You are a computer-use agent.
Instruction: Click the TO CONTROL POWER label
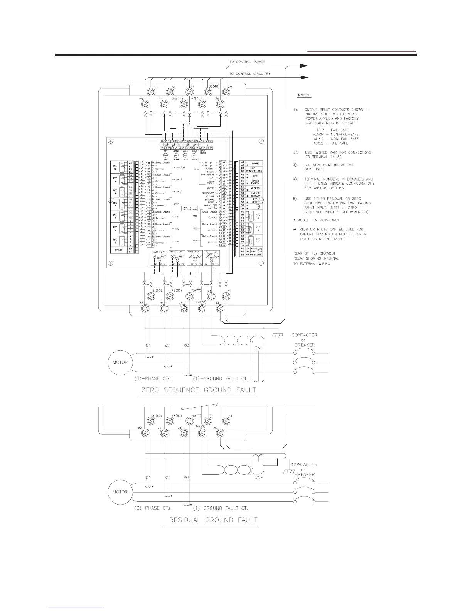[247, 62]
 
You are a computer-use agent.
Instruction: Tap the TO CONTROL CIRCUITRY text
[250, 73]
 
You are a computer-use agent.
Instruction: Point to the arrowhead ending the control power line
[305, 66]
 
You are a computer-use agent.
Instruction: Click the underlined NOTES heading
[303, 95]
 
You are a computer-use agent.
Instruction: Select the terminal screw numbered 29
[144, 104]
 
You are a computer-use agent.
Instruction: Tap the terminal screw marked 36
[189, 92]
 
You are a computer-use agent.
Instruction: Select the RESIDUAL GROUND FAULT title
[210, 520]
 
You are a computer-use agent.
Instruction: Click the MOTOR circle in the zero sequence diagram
[120, 362]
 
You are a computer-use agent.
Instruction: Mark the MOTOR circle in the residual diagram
[120, 492]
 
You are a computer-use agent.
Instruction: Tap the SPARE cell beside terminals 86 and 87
[119, 250]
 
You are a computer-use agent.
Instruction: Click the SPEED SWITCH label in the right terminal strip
[255, 182]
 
